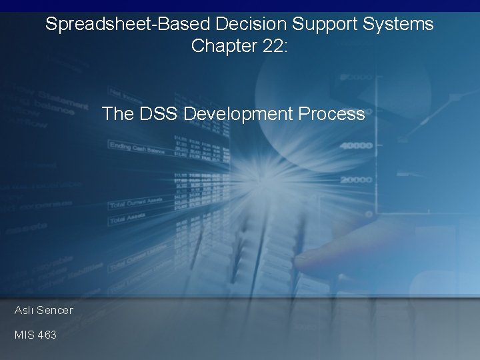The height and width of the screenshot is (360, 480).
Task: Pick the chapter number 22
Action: [273, 46]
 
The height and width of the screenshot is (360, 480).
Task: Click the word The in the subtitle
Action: [118, 114]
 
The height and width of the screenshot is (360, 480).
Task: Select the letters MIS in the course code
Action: [25, 335]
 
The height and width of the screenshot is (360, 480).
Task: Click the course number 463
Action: [47, 335]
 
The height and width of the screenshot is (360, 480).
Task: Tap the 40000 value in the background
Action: [355, 146]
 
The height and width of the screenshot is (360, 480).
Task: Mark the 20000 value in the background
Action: [355, 179]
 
